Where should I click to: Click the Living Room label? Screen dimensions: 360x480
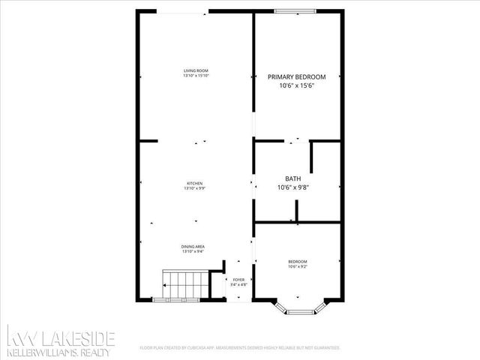[x=196, y=70]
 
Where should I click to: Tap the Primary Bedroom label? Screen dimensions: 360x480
[x=297, y=77]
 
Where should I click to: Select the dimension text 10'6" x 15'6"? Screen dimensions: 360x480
[x=297, y=86]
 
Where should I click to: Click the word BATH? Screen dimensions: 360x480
[x=293, y=179]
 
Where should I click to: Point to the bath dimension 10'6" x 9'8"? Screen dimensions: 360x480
[x=293, y=187]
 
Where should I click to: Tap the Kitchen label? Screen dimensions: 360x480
[x=195, y=183]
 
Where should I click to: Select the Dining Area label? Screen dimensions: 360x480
[x=193, y=247]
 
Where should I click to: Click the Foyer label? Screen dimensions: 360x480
[x=239, y=280]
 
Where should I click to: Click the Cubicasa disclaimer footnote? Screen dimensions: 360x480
[x=240, y=348]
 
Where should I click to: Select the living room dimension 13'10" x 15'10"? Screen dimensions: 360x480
[x=196, y=76]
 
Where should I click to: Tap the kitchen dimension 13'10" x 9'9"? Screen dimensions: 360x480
[x=195, y=188]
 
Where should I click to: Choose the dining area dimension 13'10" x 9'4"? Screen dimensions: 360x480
[x=193, y=252]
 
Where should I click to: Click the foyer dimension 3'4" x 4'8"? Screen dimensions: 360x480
[x=239, y=285]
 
